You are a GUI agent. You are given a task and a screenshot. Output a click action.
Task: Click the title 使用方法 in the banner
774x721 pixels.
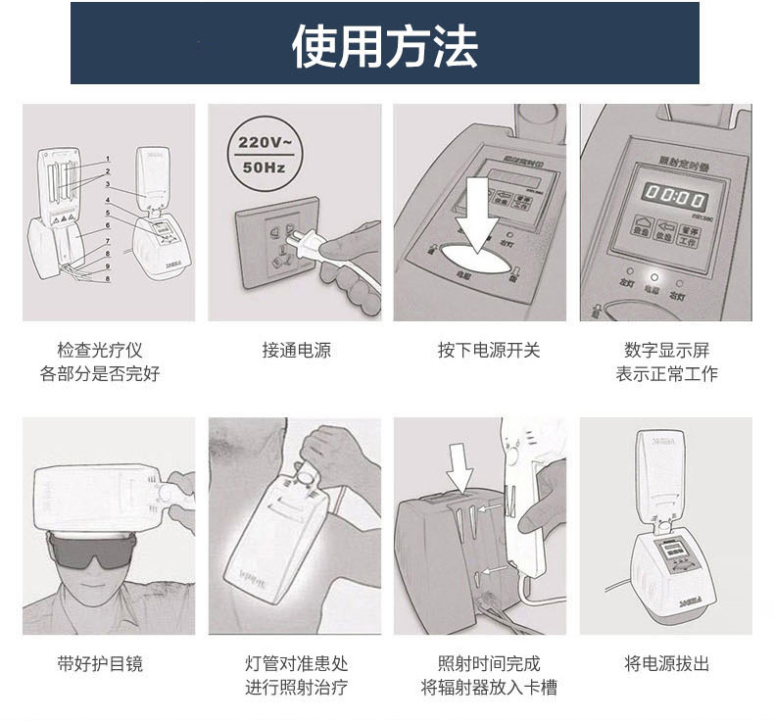point(385,45)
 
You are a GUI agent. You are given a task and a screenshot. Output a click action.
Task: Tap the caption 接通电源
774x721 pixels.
point(296,350)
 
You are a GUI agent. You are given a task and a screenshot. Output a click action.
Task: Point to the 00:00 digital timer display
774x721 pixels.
point(666,197)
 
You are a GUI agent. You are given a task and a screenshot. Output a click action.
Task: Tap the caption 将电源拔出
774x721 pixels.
point(666,663)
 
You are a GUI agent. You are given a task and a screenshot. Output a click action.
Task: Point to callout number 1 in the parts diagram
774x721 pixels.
point(108,160)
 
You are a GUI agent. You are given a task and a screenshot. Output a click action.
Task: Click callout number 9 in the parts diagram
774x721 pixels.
point(108,266)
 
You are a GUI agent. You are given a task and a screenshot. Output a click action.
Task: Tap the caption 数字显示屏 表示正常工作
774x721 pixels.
point(666,361)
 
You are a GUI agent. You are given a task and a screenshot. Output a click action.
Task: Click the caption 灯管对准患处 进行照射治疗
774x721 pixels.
point(296,675)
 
